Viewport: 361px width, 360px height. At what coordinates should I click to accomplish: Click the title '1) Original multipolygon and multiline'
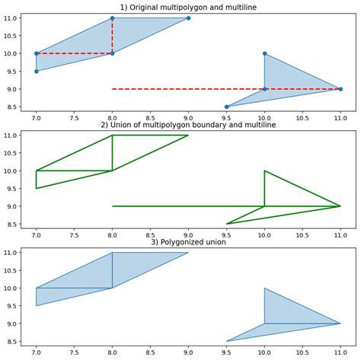click(x=188, y=7)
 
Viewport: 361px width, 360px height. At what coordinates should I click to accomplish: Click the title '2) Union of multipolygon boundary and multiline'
click(x=188, y=124)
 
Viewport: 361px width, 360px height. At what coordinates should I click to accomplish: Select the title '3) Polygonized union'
click(x=188, y=242)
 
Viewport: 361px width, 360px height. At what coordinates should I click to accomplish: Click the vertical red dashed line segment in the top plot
click(x=112, y=36)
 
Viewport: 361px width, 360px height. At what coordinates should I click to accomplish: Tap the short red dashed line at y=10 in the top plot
click(x=74, y=53)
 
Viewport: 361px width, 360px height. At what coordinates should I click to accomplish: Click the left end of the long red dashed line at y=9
click(x=113, y=89)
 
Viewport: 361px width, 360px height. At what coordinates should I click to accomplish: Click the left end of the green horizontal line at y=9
click(x=113, y=206)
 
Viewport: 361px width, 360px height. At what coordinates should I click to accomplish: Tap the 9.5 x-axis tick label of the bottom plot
click(x=226, y=353)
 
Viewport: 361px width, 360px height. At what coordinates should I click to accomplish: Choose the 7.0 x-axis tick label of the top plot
click(x=36, y=118)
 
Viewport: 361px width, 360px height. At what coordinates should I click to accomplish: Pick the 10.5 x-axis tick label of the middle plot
click(x=302, y=235)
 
